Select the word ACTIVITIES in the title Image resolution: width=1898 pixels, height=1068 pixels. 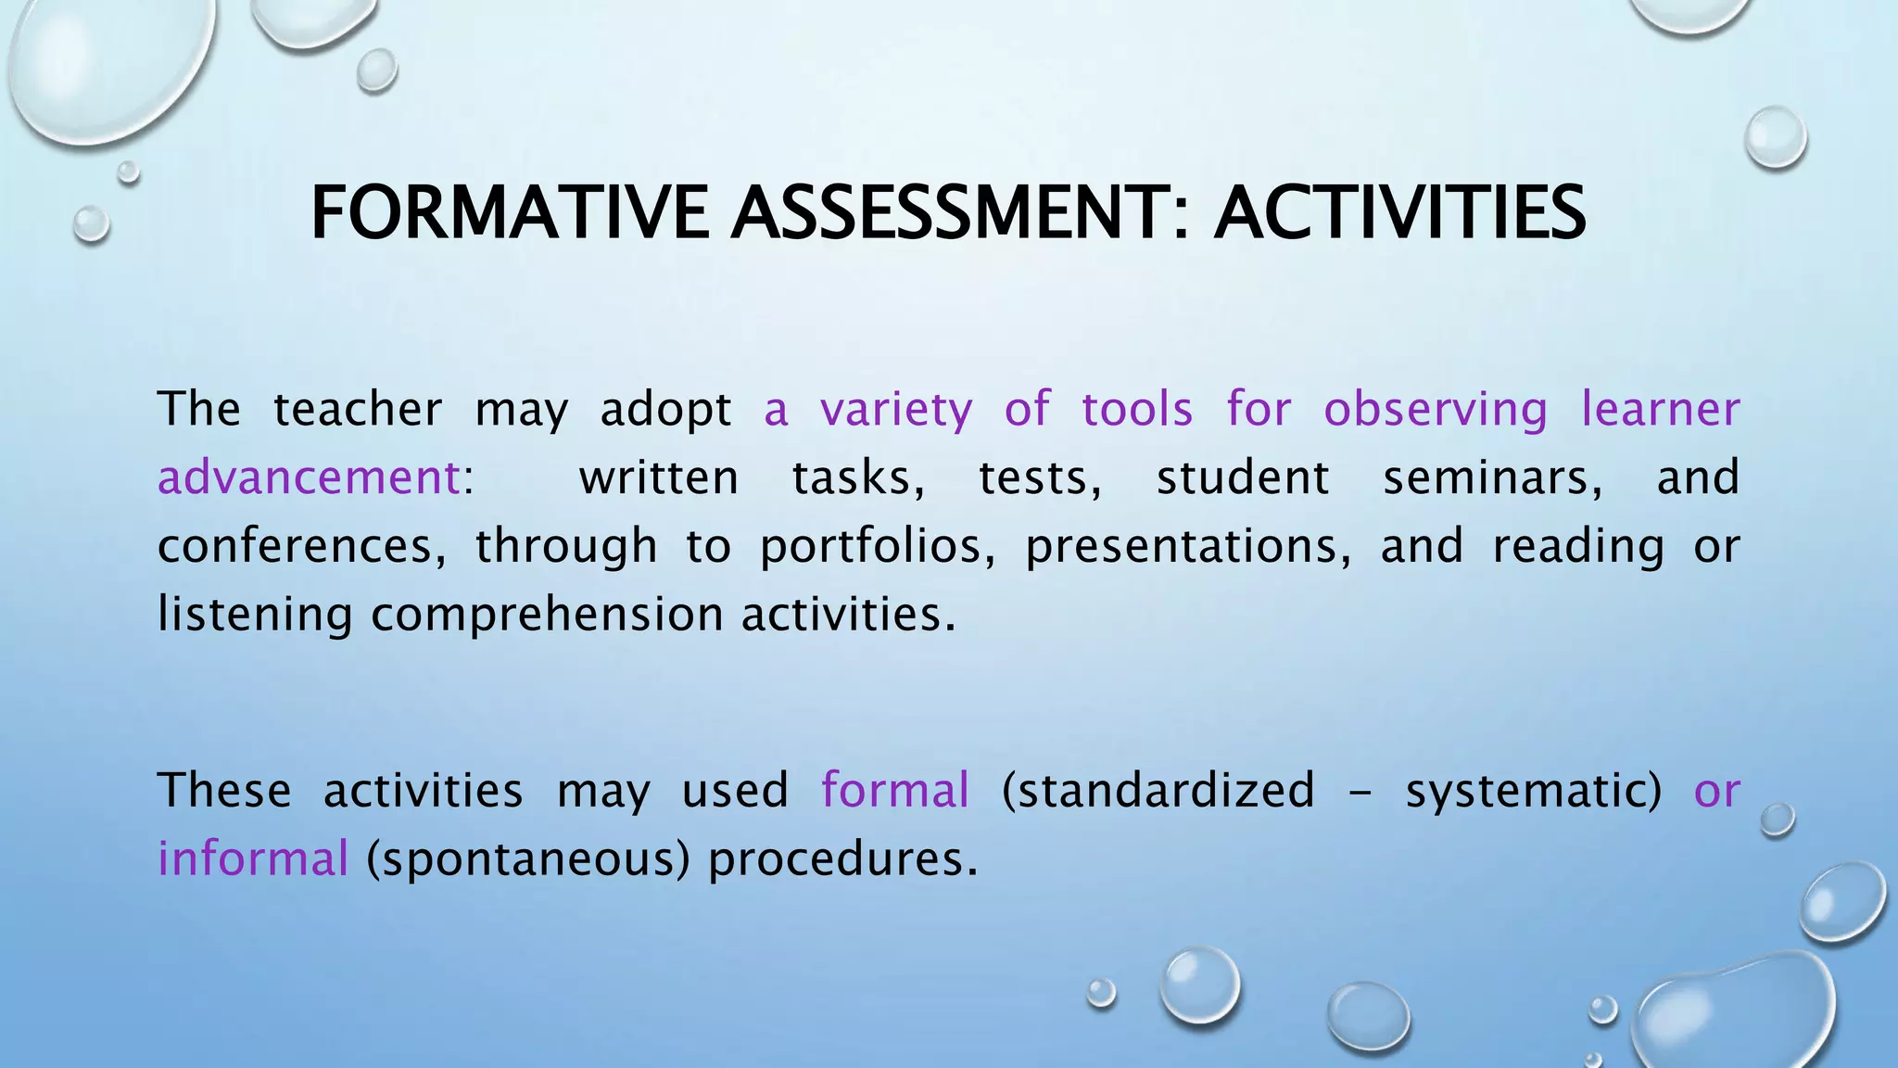(1399, 213)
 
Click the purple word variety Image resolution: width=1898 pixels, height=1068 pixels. (896, 410)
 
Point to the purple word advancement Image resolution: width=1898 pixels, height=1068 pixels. (309, 477)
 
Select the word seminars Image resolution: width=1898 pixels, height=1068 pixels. (1493, 477)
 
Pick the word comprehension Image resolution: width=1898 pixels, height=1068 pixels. (547, 615)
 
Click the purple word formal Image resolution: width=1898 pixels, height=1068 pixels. (895, 791)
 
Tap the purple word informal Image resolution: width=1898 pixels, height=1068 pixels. (253, 858)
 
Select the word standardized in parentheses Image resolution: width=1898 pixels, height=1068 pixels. (1158, 791)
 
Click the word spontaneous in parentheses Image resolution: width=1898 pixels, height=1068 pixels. (528, 858)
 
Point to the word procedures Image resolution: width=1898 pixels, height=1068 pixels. (842, 858)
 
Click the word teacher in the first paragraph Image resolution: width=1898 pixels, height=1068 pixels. (357, 410)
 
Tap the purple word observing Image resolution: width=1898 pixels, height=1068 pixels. (1436, 410)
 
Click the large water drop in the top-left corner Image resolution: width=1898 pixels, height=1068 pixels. (107, 65)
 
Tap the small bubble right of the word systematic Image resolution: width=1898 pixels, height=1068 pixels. (1778, 820)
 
